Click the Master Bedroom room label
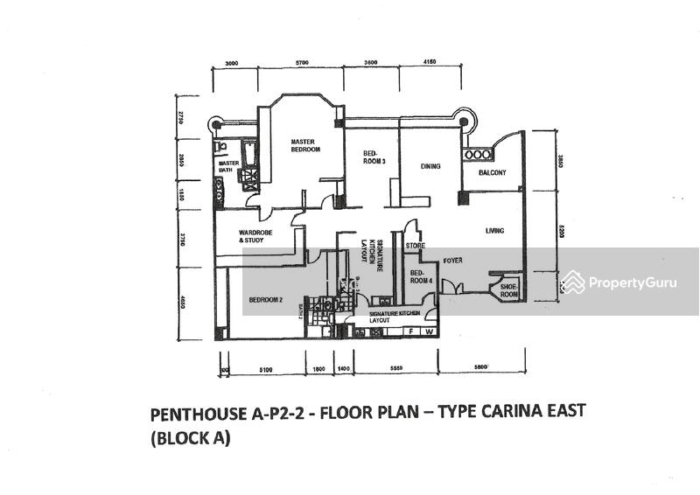(305, 144)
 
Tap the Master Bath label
(229, 166)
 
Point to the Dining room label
(430, 166)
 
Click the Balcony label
(493, 173)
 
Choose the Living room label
(496, 231)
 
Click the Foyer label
(451, 261)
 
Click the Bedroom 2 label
(265, 300)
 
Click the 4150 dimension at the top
(429, 64)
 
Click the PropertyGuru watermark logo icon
(573, 282)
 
